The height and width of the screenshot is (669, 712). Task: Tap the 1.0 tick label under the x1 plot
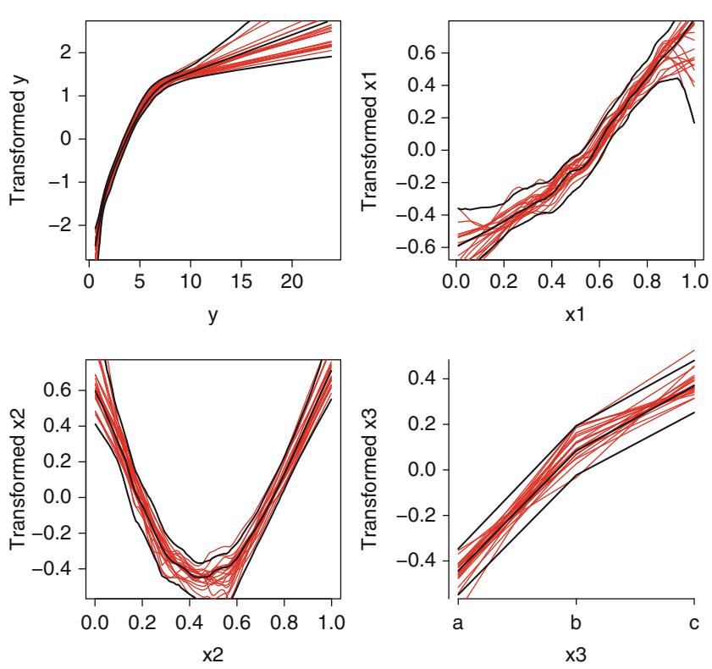tap(693, 279)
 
